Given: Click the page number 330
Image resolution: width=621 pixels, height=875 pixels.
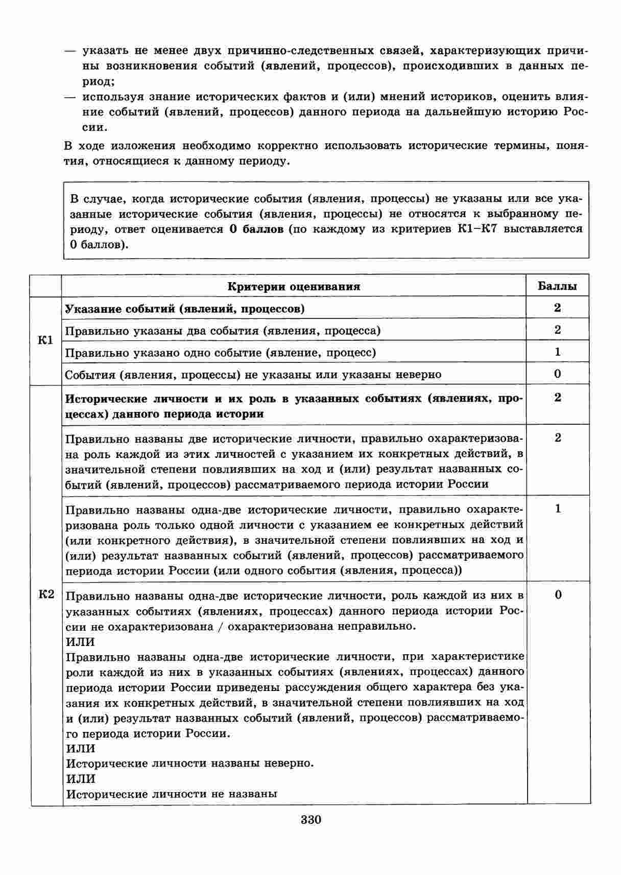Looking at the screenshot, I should (310, 820).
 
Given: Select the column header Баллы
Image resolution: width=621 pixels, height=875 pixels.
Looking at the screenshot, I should (557, 286).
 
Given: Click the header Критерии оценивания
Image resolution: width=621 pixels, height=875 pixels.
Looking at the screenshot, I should (294, 286).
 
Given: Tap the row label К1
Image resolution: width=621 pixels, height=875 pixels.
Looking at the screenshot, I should (46, 340).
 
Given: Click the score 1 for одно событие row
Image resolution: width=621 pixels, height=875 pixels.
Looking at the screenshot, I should (557, 352).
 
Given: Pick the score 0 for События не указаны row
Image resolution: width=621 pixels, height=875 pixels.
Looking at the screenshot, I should (557, 374).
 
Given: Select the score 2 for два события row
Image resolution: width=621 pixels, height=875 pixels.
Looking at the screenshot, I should (557, 330).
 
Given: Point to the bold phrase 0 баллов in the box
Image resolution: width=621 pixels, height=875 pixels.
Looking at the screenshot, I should (256, 229).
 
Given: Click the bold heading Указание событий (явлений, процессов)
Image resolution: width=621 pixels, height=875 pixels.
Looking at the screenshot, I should (185, 309).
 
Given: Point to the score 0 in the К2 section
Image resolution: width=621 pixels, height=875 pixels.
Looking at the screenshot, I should (558, 594).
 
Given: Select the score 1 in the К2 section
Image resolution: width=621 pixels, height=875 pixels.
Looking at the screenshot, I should (558, 509).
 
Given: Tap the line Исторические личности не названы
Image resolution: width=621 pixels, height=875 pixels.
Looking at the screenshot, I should (172, 794).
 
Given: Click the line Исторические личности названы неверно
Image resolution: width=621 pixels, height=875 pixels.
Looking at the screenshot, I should (190, 764).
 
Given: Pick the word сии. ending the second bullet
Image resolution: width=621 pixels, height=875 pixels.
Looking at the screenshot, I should (95, 127).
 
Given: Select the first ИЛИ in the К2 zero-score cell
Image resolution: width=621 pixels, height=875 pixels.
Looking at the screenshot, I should (81, 641).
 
